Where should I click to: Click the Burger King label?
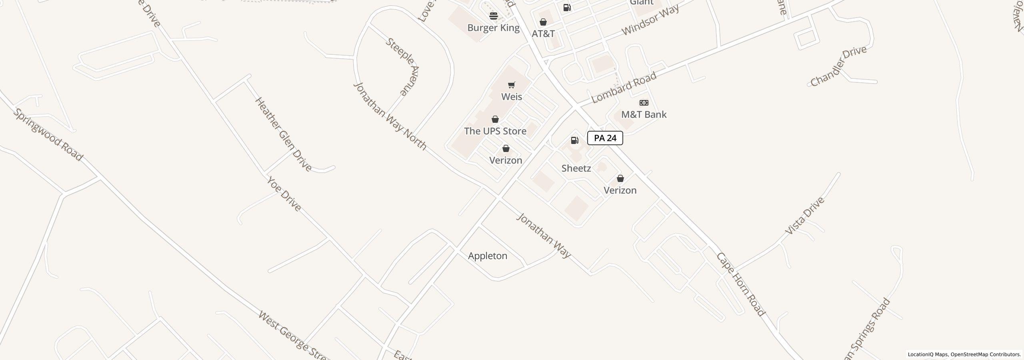tap(494, 28)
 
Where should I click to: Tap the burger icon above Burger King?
tap(494, 16)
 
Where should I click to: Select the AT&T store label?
tap(543, 34)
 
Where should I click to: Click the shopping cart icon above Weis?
tap(511, 85)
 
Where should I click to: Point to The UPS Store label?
tap(495, 131)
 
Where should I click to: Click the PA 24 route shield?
tap(605, 138)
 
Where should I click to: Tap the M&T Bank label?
tap(644, 115)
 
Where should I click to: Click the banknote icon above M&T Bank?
tap(644, 103)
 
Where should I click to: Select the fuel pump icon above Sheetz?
tap(574, 140)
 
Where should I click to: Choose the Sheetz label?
tap(576, 168)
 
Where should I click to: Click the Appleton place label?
tap(488, 256)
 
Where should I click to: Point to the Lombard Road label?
tap(624, 88)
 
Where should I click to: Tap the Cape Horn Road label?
tap(740, 284)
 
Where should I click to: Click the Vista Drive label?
tap(805, 216)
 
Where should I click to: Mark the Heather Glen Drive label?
tap(283, 134)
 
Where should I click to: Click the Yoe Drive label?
tap(284, 194)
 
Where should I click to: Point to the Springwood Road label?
tap(48, 134)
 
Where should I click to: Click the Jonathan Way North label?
tap(390, 116)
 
